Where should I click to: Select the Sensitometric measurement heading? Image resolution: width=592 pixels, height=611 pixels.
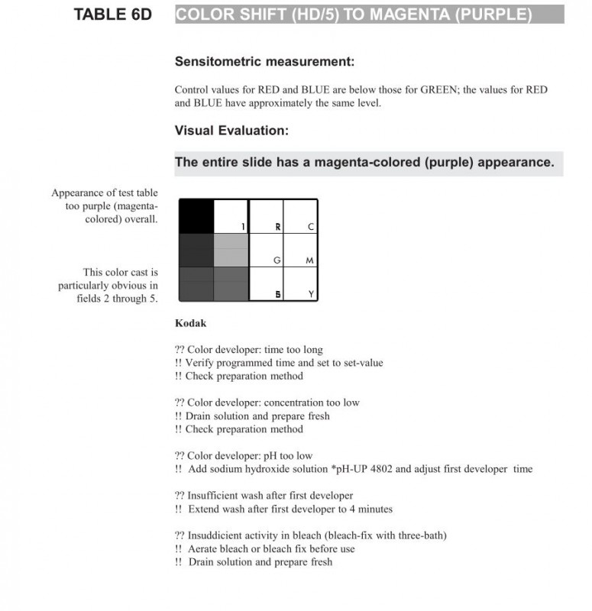[x=264, y=62]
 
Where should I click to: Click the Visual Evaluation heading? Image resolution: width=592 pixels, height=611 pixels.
[x=231, y=131]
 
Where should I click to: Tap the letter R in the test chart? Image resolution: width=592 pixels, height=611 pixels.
[x=277, y=227]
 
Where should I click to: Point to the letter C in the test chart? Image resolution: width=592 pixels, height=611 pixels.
[x=310, y=227]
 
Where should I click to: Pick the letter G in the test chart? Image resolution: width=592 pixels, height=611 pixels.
[x=277, y=260]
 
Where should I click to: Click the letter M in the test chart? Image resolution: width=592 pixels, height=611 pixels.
[x=309, y=260]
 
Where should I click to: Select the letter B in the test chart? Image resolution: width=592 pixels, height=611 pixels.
[x=277, y=294]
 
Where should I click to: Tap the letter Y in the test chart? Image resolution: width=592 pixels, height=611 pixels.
[x=310, y=294]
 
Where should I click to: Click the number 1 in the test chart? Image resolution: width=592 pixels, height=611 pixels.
[x=243, y=227]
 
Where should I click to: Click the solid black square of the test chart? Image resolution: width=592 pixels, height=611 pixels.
[x=196, y=216]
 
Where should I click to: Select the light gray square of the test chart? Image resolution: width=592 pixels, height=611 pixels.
[x=231, y=250]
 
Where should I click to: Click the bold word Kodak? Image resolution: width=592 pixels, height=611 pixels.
[x=190, y=323]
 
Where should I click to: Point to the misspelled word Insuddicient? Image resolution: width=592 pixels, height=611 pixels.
[x=217, y=535]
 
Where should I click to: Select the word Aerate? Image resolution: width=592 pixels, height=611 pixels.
[x=202, y=548]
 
